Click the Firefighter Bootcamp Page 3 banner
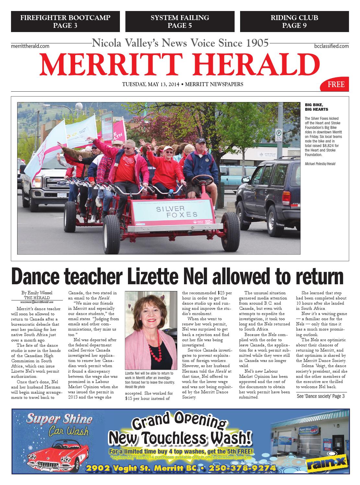(65, 22)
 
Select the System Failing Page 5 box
(180, 22)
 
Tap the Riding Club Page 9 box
(294, 22)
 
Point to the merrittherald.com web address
(30, 46)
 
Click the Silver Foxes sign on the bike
(177, 211)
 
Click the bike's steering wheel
(202, 179)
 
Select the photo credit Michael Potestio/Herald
(320, 164)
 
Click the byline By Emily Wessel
(37, 293)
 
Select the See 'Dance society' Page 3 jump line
(320, 396)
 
